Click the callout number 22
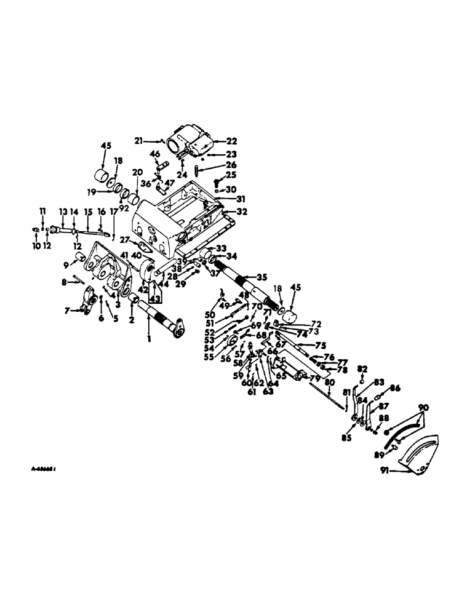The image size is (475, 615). pyautogui.click(x=214, y=141)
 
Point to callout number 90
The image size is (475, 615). pyautogui.click(x=423, y=408)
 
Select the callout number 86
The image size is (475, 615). pyautogui.click(x=394, y=389)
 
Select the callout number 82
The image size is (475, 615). pyautogui.click(x=362, y=368)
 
